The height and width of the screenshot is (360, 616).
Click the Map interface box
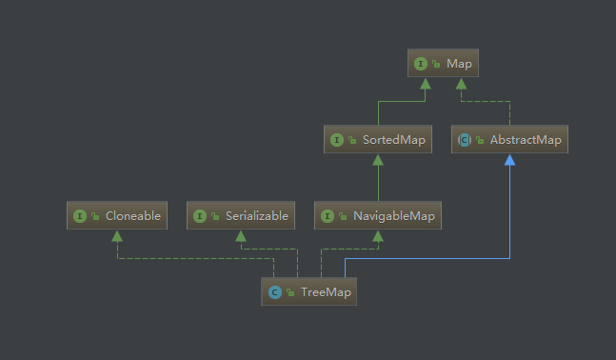442,64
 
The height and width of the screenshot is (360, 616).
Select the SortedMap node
377,140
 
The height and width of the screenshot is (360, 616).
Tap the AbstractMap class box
509,140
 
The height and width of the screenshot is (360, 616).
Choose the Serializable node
242,216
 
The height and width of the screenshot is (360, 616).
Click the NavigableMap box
379,216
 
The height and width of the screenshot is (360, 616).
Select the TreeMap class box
308,291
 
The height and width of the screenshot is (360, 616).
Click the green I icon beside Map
420,64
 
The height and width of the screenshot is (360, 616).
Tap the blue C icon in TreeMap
274,291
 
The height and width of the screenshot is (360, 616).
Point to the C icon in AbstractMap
465,140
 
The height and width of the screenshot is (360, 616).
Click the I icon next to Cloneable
80,216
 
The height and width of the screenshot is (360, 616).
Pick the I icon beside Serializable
200,216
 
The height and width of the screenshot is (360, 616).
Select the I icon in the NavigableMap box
328,216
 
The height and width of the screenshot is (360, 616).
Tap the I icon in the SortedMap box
336,140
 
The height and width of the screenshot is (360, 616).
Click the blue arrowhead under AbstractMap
510,160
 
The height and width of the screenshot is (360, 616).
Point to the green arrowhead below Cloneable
116,235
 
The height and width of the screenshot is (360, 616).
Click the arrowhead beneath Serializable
242,235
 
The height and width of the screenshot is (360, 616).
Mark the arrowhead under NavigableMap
379,235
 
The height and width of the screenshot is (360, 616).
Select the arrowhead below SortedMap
378,159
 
